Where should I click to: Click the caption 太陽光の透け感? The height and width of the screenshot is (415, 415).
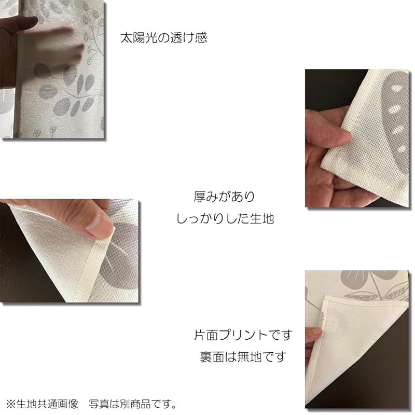pyautogui.click(x=163, y=38)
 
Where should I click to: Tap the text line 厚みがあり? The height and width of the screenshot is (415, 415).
pyautogui.click(x=225, y=197)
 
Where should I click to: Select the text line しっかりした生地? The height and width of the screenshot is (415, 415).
pyautogui.click(x=225, y=218)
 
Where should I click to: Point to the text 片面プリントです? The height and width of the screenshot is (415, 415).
pyautogui.click(x=243, y=335)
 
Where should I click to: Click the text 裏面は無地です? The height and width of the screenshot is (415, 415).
pyautogui.click(x=243, y=357)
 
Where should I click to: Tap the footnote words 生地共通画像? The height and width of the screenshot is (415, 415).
pyautogui.click(x=47, y=404)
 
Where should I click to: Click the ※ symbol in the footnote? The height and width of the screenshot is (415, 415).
pyautogui.click(x=11, y=404)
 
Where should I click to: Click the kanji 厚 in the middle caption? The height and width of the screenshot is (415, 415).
pyautogui.click(x=200, y=197)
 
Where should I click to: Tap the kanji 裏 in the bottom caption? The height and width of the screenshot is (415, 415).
pyautogui.click(x=206, y=357)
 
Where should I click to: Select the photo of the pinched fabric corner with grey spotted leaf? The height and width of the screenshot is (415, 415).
pyautogui.click(x=357, y=138)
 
